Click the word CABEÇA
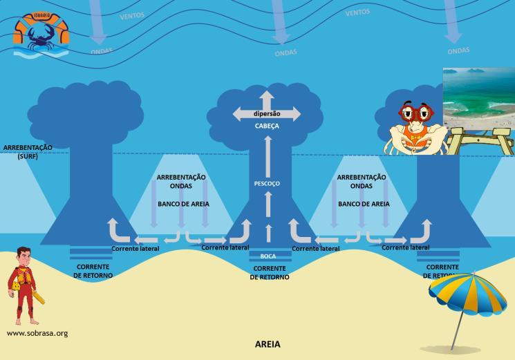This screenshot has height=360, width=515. coord(267,126)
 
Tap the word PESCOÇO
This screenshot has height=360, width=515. coord(267,184)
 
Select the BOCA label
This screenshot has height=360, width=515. coord(268,256)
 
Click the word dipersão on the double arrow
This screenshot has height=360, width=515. coord(267,113)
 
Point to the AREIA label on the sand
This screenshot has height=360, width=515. coord(268,343)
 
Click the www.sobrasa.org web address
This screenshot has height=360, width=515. coord(37,333)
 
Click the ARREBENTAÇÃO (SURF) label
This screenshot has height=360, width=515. coord(28,152)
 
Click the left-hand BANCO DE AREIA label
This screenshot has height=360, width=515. coord(183,204)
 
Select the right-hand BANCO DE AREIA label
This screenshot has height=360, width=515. coord(364,204)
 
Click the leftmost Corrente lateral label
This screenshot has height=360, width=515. coord(135,249)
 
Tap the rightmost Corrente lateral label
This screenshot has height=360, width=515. coord(406,247)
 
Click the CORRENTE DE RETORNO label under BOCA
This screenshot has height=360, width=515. coord(269,272)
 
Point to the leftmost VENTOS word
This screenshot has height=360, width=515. coord(132,15)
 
